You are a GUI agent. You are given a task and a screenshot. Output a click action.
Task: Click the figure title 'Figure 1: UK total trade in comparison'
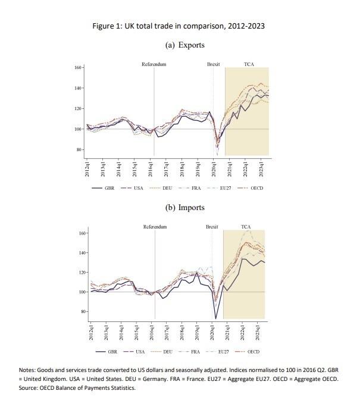tap(179, 26)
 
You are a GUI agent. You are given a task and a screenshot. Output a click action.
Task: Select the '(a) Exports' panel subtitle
tap(179, 45)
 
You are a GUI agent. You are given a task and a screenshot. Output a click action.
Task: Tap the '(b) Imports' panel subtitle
tap(179, 208)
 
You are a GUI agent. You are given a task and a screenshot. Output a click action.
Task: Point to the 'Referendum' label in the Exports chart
tap(154, 64)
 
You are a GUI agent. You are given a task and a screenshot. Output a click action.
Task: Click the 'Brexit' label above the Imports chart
tap(212, 227)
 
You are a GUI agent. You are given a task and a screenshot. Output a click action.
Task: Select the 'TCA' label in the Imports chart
tap(246, 227)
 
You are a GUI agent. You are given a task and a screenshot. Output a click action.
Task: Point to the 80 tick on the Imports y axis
tap(82, 311)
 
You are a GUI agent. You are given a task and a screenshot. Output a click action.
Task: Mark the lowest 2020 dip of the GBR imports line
tap(216, 318)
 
